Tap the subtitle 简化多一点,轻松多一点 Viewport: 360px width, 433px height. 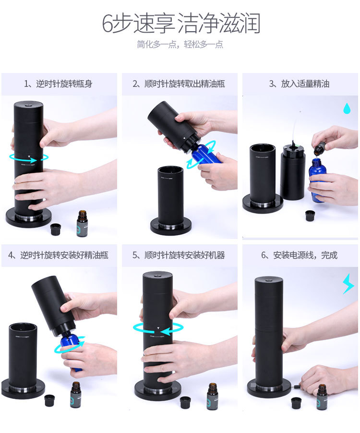click(180, 45)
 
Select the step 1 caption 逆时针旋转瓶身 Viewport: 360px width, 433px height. click(59, 84)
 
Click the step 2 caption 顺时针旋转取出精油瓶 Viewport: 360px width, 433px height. click(179, 84)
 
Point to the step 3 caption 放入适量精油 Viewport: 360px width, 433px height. click(300, 84)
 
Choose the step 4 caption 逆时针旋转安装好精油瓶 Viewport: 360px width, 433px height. click(59, 255)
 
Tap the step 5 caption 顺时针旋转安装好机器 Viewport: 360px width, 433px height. click(179, 255)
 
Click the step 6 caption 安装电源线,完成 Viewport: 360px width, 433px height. click(300, 255)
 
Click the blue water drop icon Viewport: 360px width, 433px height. click(347, 108)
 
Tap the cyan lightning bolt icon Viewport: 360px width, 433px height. click(348, 284)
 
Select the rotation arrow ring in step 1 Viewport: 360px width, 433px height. click(29, 157)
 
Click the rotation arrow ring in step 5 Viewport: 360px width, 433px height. click(158, 329)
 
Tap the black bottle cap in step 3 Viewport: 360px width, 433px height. click(310, 216)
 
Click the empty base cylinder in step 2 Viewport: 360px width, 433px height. click(170, 197)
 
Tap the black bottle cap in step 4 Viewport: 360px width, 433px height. click(49, 400)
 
